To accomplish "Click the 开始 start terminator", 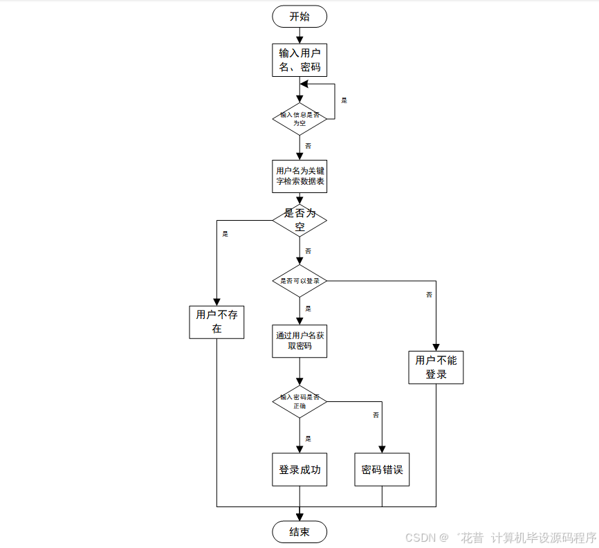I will click(x=299, y=17).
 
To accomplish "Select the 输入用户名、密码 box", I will click(x=299, y=60).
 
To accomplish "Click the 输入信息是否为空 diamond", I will click(x=299, y=118).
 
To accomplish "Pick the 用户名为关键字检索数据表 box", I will click(x=299, y=176).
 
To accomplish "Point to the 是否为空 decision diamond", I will click(x=299, y=220).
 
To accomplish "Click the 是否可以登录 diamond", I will click(x=299, y=281).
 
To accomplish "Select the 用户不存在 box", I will click(x=216, y=322).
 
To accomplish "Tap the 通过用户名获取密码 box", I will click(x=299, y=340).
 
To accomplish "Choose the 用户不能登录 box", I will click(x=436, y=367).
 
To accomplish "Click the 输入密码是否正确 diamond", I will click(x=299, y=401).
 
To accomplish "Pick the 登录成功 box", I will click(x=299, y=470).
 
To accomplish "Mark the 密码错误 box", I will click(x=382, y=470).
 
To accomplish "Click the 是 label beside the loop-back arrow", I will click(x=344, y=100).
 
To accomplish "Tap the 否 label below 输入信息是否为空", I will click(x=308, y=146).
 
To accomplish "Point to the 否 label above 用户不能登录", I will click(x=429, y=295).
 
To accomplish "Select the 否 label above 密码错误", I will click(x=376, y=415).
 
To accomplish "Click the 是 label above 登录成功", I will click(x=308, y=439).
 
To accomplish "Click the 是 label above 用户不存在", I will click(x=225, y=234).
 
